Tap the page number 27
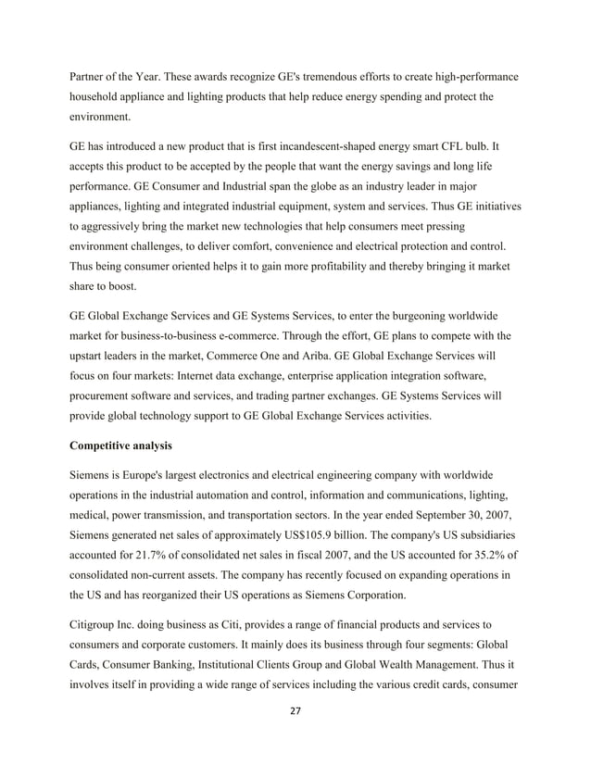coord(295,710)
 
